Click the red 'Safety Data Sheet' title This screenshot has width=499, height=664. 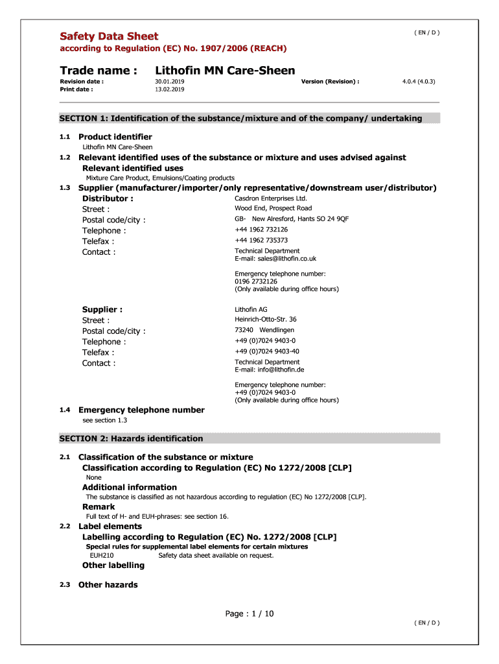pyautogui.click(x=109, y=36)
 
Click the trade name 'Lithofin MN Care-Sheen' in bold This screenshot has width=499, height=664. pyautogui.click(x=225, y=71)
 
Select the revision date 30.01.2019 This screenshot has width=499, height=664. pyautogui.click(x=170, y=82)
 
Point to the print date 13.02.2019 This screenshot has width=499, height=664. pyautogui.click(x=170, y=89)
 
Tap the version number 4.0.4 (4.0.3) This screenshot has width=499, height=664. pyautogui.click(x=419, y=82)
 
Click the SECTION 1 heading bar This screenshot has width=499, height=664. pyautogui.click(x=250, y=118)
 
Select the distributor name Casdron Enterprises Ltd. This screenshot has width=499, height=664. pyautogui.click(x=271, y=198)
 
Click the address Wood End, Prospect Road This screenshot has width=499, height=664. pyautogui.click(x=273, y=208)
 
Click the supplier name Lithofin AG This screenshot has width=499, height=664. pyautogui.click(x=251, y=309)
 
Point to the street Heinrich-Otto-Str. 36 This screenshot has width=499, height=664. pyautogui.click(x=266, y=319)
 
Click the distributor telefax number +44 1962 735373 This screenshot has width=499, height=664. pyautogui.click(x=261, y=240)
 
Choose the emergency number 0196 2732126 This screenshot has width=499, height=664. pyautogui.click(x=256, y=281)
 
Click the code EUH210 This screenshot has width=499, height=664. pyautogui.click(x=102, y=555)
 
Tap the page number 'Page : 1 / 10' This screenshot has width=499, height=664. pyautogui.click(x=250, y=613)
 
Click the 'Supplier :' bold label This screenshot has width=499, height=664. pyautogui.click(x=102, y=309)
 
